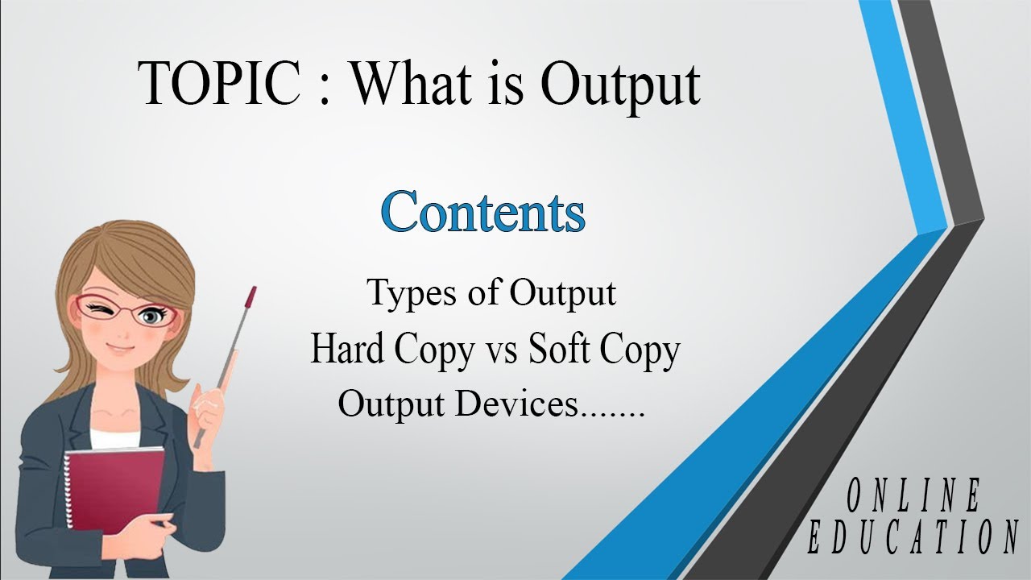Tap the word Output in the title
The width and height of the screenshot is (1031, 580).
620,83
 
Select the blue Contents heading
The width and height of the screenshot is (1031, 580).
483,212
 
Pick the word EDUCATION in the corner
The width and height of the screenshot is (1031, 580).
913,538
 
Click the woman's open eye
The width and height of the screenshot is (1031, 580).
149,317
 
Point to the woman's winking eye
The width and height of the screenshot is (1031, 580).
100,309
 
